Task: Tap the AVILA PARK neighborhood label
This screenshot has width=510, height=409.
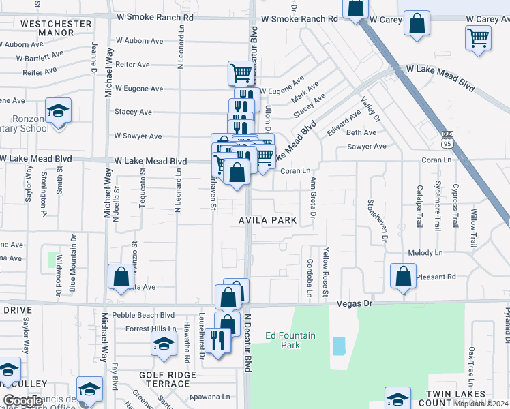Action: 268,220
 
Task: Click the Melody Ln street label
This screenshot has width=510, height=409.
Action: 425,253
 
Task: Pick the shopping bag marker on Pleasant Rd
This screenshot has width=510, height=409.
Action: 403,276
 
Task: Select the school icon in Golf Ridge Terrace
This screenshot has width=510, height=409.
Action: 164,346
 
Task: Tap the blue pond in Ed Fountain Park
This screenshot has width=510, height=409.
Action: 339,346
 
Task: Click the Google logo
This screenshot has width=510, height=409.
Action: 22,401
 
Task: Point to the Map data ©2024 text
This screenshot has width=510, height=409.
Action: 480,404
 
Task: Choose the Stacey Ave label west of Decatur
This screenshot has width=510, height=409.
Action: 133,112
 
